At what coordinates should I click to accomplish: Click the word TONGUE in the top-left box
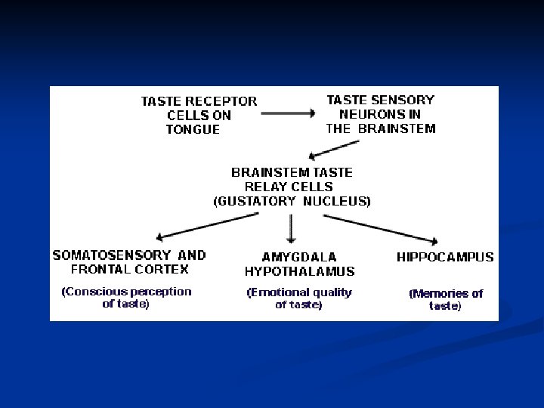click(x=193, y=130)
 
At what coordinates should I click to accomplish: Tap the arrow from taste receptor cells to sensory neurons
click(x=287, y=114)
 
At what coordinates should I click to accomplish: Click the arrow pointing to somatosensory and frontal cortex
click(x=205, y=224)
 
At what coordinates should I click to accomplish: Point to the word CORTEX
click(x=164, y=269)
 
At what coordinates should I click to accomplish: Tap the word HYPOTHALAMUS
click(x=299, y=271)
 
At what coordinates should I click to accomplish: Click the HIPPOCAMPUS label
click(x=445, y=257)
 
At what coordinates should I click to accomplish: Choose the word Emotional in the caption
click(x=280, y=292)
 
